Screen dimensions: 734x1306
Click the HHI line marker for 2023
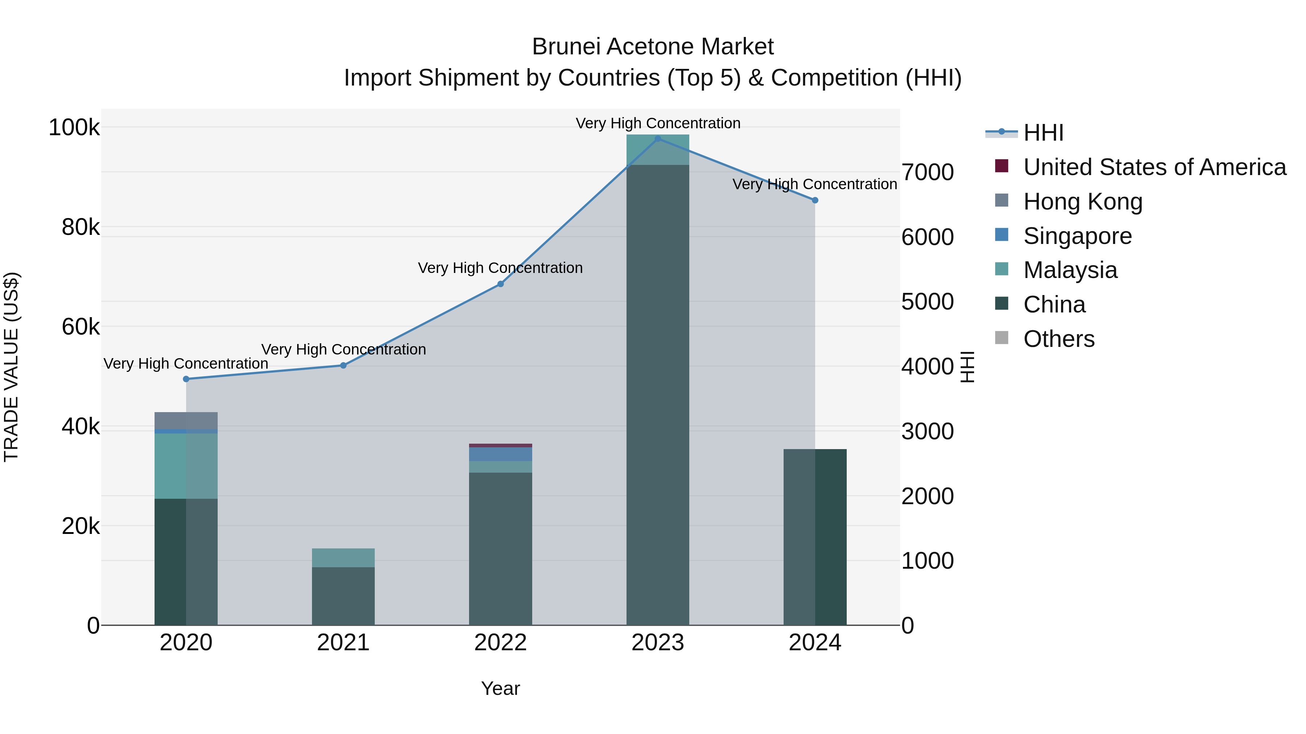pos(658,139)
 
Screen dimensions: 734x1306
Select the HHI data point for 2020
pos(186,379)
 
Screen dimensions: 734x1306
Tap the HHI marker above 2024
pos(815,200)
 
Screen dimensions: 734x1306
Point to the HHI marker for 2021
pos(343,365)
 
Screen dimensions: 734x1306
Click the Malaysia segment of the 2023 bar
pos(658,150)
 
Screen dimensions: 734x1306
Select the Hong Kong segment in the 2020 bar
pos(186,420)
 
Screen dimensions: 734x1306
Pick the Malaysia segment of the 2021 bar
pos(343,558)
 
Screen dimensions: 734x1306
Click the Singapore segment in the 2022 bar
pos(500,454)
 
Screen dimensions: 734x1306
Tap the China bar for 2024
pos(815,537)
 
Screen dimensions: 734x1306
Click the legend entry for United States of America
pos(1154,167)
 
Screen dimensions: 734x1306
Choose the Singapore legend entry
pos(1077,236)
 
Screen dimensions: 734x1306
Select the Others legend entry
pos(1059,339)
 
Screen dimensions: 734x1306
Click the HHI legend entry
pos(1043,133)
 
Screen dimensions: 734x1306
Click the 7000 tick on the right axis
pos(927,172)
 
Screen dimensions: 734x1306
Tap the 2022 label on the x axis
pos(500,643)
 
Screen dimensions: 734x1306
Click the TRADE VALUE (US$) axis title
pos(11,367)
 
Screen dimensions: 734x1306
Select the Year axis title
pos(500,688)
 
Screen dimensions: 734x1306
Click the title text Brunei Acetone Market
pos(653,47)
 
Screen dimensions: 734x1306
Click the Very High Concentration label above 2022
pos(500,268)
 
